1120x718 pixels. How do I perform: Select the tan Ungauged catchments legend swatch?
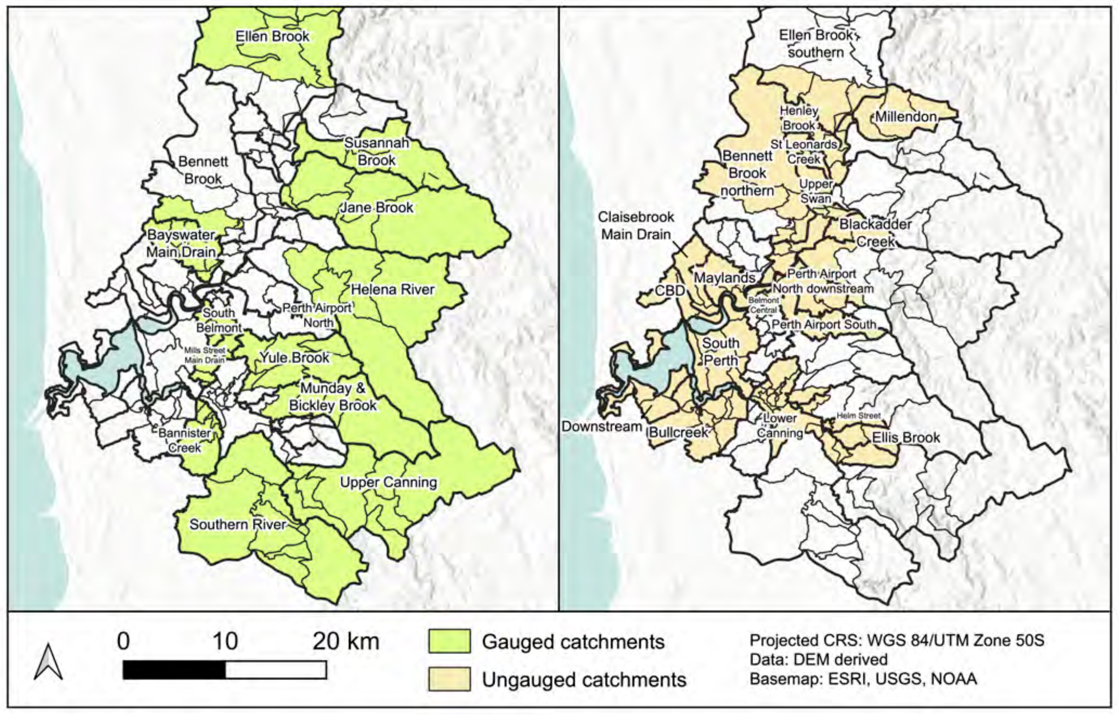coord(449,679)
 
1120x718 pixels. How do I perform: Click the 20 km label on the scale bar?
coord(346,642)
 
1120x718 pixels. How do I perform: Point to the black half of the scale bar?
coord(174,670)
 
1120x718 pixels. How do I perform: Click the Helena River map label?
coord(393,289)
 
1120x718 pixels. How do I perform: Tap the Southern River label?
coord(237,524)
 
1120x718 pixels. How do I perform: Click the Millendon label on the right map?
coord(906,116)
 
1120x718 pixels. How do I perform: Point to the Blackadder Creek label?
coord(876,233)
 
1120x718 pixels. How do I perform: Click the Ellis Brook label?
coord(906,437)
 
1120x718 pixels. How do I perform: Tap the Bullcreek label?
coord(679,432)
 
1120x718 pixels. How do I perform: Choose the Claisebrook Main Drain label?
coord(636,225)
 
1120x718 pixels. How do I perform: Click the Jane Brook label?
coord(376,207)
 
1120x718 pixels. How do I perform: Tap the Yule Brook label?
coord(294,358)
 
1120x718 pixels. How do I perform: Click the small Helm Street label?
coord(858,415)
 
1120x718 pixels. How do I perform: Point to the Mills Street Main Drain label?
coord(204,355)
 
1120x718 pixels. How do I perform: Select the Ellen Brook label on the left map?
coord(273,36)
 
